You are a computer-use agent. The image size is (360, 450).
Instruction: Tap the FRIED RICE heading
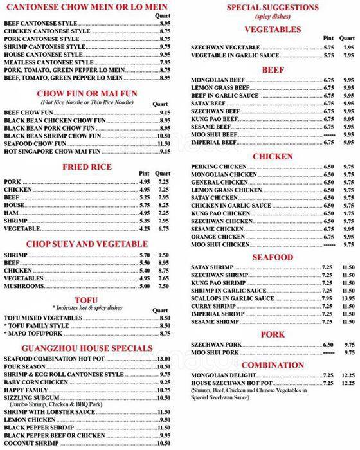coord(87,167)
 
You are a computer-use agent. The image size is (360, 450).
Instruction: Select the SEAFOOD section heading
coord(273,257)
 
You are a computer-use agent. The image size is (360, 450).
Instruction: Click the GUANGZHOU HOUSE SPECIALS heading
coord(87,348)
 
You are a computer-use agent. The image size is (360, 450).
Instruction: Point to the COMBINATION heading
coord(273,365)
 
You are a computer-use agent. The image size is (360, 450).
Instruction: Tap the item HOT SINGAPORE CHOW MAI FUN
coord(52,151)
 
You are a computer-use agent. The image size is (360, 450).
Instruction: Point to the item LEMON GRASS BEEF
coord(219,87)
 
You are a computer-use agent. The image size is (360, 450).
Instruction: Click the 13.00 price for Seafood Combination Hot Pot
coord(163,358)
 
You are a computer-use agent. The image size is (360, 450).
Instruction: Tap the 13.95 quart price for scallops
coord(348,299)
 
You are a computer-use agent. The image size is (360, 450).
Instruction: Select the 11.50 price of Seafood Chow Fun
coord(163,143)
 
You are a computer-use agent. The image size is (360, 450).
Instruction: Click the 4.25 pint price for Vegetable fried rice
coord(144,228)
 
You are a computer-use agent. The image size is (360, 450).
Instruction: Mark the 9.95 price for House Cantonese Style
coord(165,54)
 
